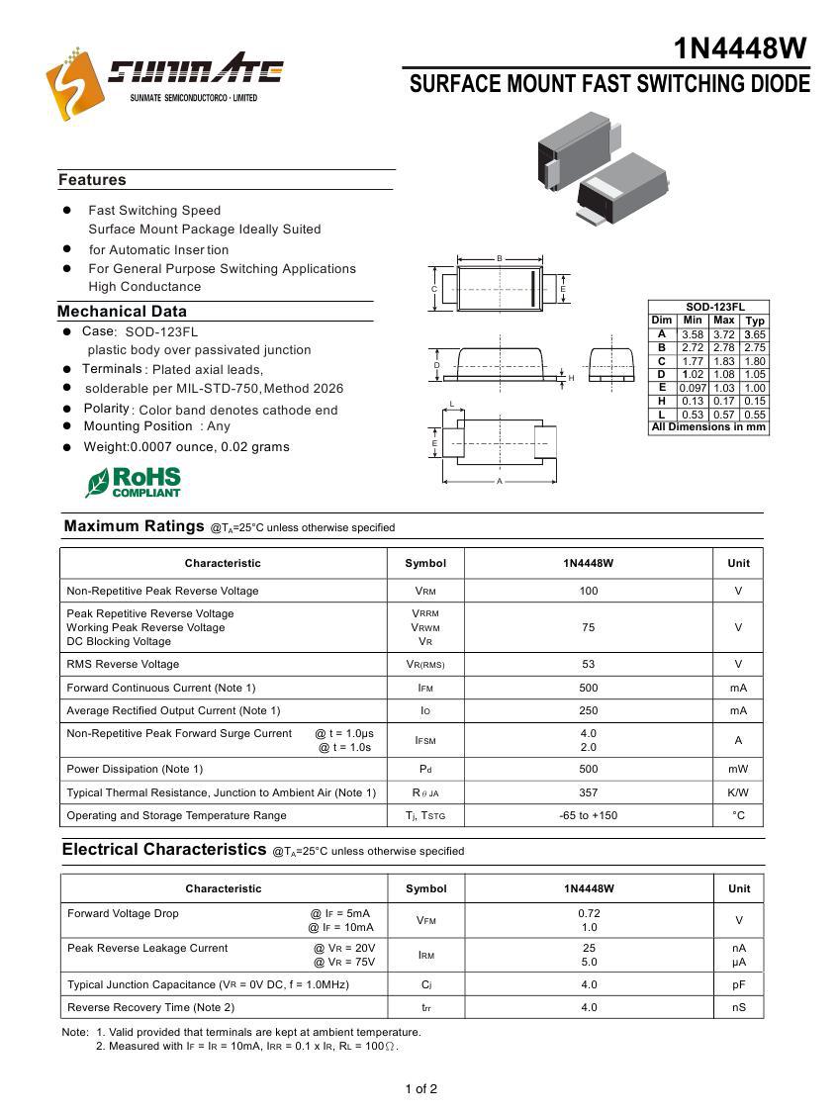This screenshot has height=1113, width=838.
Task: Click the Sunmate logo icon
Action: pyautogui.click(x=74, y=83)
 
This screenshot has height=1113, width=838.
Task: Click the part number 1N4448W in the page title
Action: pyautogui.click(x=740, y=48)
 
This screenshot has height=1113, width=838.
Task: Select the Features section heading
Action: pyautogui.click(x=92, y=180)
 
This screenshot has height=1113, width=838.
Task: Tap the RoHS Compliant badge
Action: pyautogui.click(x=133, y=483)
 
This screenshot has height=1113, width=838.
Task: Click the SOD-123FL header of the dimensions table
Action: pyautogui.click(x=708, y=308)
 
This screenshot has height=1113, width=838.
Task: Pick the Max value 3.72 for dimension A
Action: pyautogui.click(x=724, y=334)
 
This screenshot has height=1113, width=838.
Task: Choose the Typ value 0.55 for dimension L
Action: pyautogui.click(x=755, y=415)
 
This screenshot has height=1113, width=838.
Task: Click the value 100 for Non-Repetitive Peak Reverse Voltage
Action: pyautogui.click(x=589, y=591)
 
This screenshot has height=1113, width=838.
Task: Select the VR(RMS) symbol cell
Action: pyautogui.click(x=425, y=665)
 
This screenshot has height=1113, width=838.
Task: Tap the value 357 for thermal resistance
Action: pyautogui.click(x=589, y=792)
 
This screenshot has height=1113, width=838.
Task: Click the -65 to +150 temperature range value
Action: pyautogui.click(x=589, y=815)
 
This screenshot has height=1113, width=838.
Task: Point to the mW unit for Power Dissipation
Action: pyautogui.click(x=738, y=769)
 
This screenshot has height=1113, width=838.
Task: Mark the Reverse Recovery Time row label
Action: pyautogui.click(x=150, y=1007)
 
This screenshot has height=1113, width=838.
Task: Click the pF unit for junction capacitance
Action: pyautogui.click(x=739, y=984)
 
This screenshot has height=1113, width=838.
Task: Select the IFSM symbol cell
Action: pyautogui.click(x=425, y=740)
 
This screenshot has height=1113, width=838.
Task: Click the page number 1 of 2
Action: pyautogui.click(x=420, y=1089)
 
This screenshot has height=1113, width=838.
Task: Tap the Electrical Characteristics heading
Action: pyautogui.click(x=164, y=850)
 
